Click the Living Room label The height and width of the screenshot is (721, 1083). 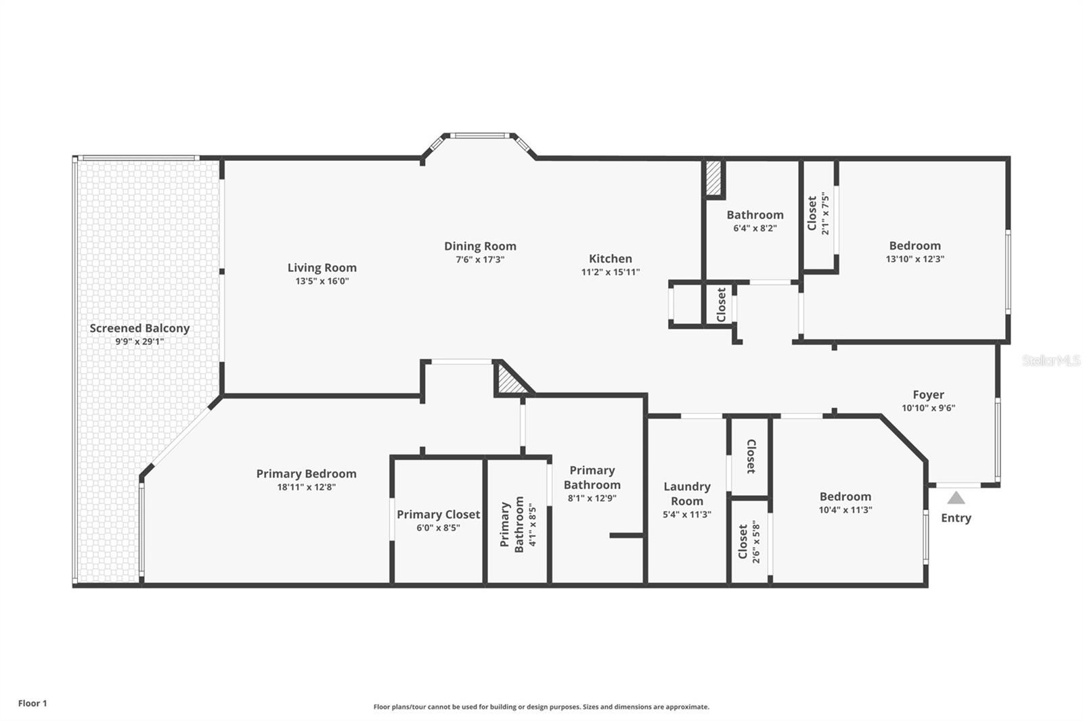click(x=322, y=268)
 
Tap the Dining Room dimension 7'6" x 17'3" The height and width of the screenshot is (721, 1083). click(x=480, y=260)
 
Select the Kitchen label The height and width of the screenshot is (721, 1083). click(x=610, y=258)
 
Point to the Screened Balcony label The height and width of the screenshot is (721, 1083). click(x=139, y=328)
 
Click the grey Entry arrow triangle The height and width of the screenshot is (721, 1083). click(x=956, y=498)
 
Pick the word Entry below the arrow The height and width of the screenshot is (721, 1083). click(x=956, y=518)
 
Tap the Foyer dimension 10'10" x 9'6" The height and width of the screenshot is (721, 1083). click(x=928, y=408)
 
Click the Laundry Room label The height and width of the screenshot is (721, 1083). click(x=687, y=493)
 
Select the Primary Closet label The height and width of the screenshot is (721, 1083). click(x=439, y=515)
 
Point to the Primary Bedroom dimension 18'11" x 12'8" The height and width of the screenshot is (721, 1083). click(x=307, y=487)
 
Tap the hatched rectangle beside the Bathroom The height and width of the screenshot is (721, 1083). click(x=713, y=178)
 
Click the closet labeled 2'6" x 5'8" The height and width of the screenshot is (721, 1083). click(x=749, y=542)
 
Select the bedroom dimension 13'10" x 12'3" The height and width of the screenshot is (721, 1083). click(x=914, y=259)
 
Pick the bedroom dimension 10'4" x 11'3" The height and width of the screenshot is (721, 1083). click(x=845, y=510)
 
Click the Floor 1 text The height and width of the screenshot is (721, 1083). click(x=32, y=703)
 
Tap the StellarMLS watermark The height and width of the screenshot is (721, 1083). click(x=1051, y=360)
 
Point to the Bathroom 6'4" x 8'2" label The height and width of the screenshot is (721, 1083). click(x=755, y=221)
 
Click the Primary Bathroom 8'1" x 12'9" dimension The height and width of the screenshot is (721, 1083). click(x=592, y=498)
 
